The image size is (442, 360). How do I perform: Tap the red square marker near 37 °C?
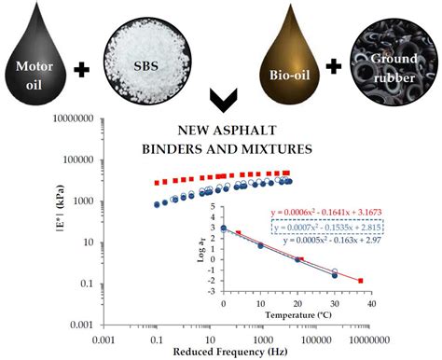[360, 280]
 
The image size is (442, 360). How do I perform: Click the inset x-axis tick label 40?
[370, 303]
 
